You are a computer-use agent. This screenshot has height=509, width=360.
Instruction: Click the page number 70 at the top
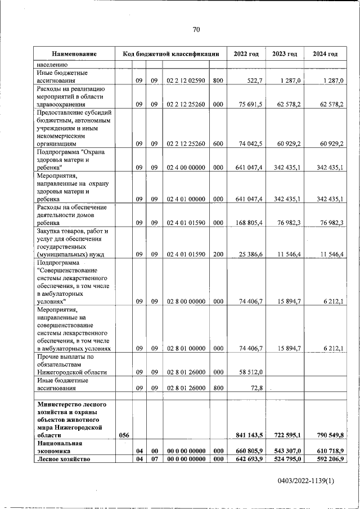pos(196,30)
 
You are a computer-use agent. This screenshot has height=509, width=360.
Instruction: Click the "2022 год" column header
pos(245,54)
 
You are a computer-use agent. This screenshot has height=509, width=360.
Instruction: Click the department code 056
pos(124,435)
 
